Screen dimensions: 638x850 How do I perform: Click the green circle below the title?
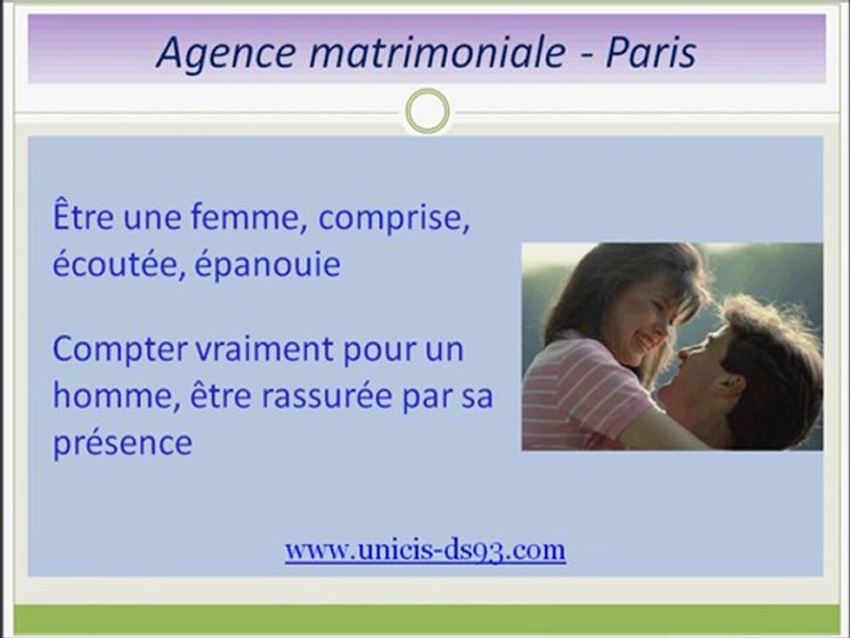click(427, 112)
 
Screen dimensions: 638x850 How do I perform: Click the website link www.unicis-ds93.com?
click(425, 550)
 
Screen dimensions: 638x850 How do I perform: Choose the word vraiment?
click(267, 350)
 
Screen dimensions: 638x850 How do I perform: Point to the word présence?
click(122, 442)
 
